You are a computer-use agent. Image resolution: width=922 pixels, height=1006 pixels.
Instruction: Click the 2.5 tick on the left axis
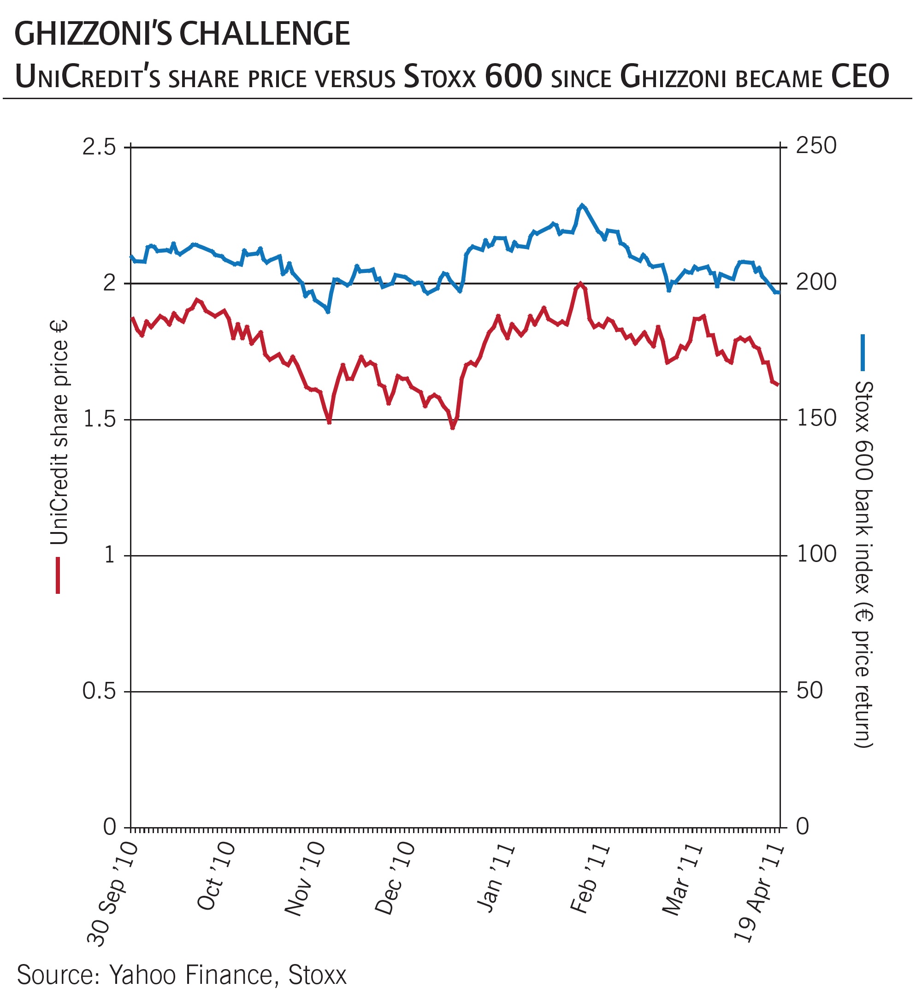(99, 148)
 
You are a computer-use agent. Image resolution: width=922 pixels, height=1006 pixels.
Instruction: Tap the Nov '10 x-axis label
(305, 879)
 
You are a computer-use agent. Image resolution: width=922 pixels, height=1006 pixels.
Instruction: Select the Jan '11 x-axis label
(496, 878)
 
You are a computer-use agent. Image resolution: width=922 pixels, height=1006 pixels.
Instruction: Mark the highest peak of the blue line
(582, 205)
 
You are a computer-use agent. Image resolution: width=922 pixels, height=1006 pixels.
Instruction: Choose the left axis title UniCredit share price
(59, 432)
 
